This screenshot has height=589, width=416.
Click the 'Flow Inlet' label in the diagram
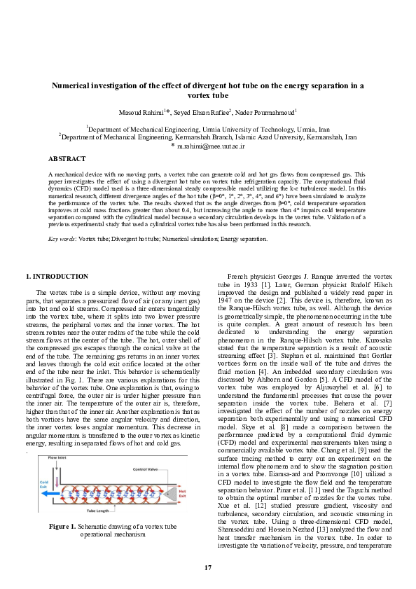point(57,457)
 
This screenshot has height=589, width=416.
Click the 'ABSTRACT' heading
point(68,159)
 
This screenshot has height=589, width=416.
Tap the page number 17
point(208,567)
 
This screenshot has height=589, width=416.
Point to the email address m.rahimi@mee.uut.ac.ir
point(210,146)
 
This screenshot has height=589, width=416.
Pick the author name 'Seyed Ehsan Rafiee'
point(200,112)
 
